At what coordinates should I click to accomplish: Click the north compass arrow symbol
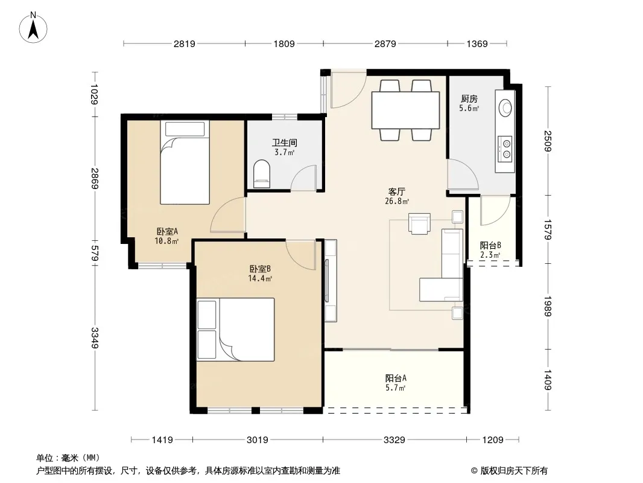pyautogui.click(x=33, y=28)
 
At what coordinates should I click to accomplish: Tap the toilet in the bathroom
pyautogui.click(x=262, y=174)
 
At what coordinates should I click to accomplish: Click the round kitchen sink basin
pyautogui.click(x=505, y=107)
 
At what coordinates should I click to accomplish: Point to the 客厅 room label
pyautogui.click(x=396, y=191)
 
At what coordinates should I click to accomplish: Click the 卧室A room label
pyautogui.click(x=167, y=231)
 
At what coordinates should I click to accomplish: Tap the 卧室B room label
pyautogui.click(x=260, y=269)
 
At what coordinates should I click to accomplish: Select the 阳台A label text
pyautogui.click(x=396, y=379)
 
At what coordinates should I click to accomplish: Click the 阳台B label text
pyautogui.click(x=490, y=245)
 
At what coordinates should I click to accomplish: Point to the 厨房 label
pyautogui.click(x=469, y=99)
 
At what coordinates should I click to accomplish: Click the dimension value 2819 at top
pyautogui.click(x=184, y=43)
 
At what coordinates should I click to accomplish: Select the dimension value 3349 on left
pyautogui.click(x=95, y=337)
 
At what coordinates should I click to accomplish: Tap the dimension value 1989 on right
pyautogui.click(x=548, y=306)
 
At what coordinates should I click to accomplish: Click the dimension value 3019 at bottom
pyautogui.click(x=258, y=440)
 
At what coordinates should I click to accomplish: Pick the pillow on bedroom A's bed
pyautogui.click(x=185, y=129)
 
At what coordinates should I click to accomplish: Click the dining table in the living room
pyautogui.click(x=405, y=110)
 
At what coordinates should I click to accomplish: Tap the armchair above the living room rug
pyautogui.click(x=419, y=223)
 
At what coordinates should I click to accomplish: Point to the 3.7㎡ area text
pyautogui.click(x=284, y=153)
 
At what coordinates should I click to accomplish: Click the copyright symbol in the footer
pyautogui.click(x=474, y=471)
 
